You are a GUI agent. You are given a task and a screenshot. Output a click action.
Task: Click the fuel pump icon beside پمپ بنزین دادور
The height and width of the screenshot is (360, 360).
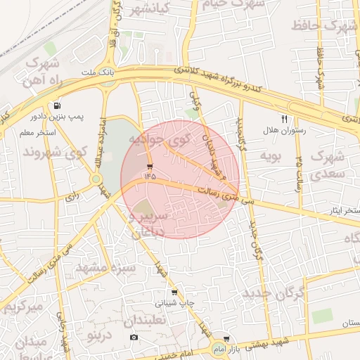coord(48,105)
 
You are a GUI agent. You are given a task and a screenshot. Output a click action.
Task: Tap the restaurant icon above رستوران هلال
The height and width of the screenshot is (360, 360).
coord(285,119)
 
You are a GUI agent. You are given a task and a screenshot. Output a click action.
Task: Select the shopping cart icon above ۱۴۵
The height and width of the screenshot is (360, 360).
coord(150,166)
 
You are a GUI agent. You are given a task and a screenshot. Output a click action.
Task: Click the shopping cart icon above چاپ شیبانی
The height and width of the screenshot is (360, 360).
coord(174,292)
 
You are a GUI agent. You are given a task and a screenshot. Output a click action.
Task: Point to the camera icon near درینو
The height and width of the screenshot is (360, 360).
coord(134,337)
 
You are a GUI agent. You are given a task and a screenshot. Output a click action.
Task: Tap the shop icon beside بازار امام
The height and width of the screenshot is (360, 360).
coord(224,338)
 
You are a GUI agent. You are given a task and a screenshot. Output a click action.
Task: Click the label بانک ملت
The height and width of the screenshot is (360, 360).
coord(98,72)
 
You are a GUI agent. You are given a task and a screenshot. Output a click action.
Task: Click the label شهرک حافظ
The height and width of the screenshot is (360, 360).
coord(334,28)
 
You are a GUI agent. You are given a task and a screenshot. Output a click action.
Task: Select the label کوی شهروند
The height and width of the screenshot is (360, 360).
coord(56,151)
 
